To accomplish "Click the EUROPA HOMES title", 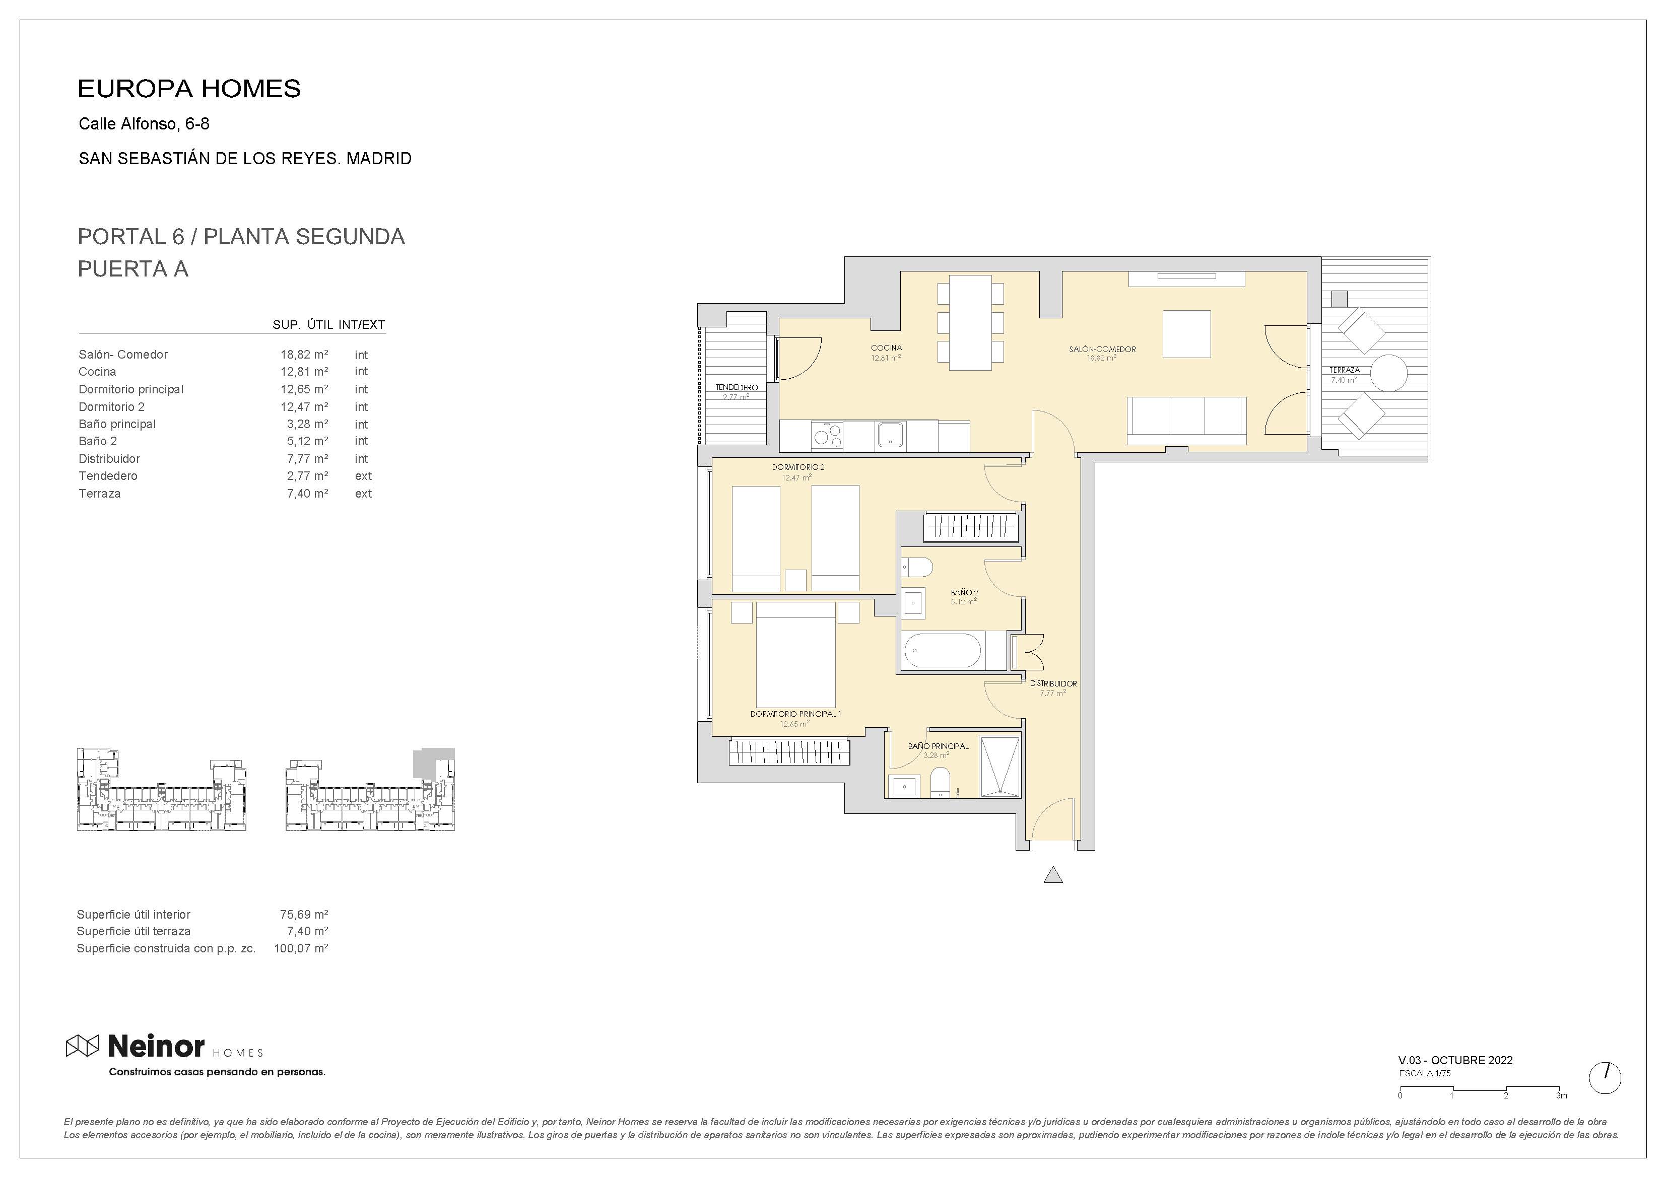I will coord(189,89).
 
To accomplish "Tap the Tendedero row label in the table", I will coord(108,476).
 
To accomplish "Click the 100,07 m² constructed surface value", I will coord(301,948).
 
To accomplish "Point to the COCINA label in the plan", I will coord(886,348).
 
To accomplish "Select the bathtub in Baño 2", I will coord(942,650).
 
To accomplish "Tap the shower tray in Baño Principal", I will coord(1000,767).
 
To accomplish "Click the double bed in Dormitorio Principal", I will coord(796,653).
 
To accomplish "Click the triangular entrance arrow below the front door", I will coord(1053,875).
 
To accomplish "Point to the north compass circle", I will coord(1605,1078).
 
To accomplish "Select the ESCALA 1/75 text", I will coord(1425,1073).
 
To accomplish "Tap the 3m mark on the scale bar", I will coord(1561,1095).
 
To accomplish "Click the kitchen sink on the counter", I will coord(889,435).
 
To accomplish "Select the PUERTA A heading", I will coord(133,269).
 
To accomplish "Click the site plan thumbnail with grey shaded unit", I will coord(370,790).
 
